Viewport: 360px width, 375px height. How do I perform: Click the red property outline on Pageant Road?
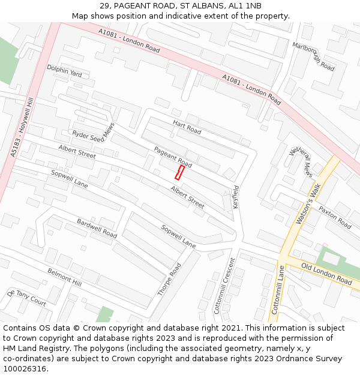click(179, 173)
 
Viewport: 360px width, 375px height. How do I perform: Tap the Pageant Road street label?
click(173, 157)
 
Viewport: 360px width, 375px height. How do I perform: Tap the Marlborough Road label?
click(313, 56)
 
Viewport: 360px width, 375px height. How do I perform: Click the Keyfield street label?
click(236, 196)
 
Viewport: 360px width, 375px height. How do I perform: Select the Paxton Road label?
click(335, 217)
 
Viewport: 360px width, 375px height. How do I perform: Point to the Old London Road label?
click(326, 274)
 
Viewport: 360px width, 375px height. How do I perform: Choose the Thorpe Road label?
click(169, 279)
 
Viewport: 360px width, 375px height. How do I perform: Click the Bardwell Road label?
click(97, 228)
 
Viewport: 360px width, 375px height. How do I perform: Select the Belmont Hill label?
click(64, 277)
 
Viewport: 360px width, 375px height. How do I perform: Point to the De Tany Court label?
click(27, 297)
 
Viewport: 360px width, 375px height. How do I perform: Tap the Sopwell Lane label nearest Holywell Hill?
click(69, 179)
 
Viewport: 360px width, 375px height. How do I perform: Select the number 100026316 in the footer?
click(25, 368)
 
